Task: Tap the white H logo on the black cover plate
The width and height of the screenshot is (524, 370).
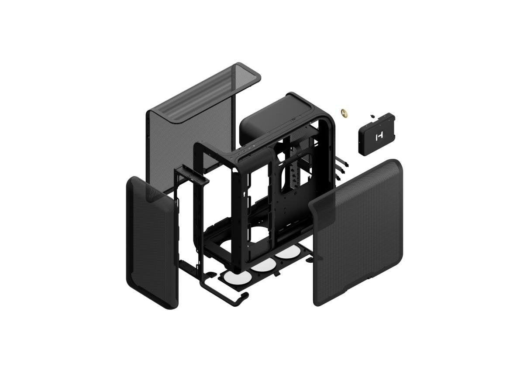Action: coord(378,137)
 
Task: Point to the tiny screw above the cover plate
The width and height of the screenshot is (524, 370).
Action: coord(372,116)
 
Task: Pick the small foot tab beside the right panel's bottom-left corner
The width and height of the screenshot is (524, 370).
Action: coord(310,260)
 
